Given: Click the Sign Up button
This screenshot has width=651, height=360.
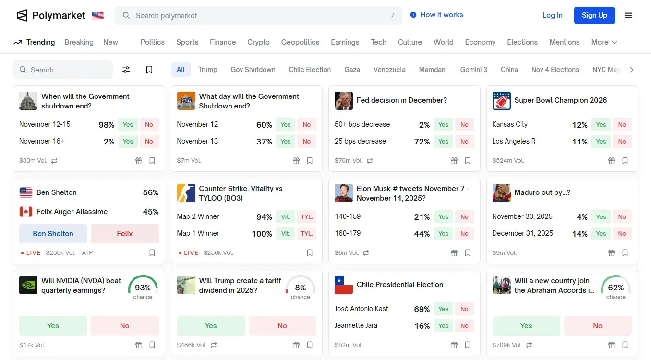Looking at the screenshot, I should [594, 15].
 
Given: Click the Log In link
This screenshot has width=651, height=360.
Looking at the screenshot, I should [552, 15].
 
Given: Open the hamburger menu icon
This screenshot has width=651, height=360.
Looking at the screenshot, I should [628, 15].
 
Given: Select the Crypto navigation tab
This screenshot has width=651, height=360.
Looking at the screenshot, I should [258, 42].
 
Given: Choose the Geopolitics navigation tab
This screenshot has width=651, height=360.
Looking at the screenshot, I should [300, 42].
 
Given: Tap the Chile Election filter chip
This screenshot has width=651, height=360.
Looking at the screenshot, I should [310, 70].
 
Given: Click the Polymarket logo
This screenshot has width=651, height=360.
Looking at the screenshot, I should [51, 15].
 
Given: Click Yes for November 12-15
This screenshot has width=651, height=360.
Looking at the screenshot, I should [128, 125].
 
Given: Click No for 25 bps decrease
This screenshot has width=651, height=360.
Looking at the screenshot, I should [464, 142].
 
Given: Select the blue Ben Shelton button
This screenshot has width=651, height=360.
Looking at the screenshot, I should [53, 234].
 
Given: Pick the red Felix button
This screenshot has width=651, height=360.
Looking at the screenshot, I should [124, 234].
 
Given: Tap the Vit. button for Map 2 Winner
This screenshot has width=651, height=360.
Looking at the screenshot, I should [285, 217].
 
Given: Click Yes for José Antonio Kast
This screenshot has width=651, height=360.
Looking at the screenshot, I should [443, 309].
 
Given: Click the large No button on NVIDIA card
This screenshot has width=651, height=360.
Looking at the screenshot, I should [124, 326].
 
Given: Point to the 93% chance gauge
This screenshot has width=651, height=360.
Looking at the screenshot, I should [143, 288].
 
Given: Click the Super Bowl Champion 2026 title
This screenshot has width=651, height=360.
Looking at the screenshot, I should [560, 100].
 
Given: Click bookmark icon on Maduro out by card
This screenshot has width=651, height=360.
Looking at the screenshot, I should [625, 253].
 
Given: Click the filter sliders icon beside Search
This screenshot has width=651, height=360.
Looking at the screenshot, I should [126, 70].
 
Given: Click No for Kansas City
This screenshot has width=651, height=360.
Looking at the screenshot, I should [622, 125].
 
